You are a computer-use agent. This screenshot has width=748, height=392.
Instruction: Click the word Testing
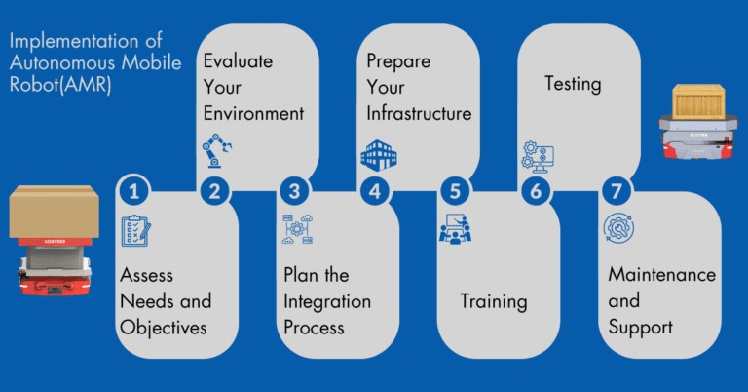pyautogui.click(x=573, y=84)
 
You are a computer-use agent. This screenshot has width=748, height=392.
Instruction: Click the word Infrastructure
pyautogui.click(x=419, y=114)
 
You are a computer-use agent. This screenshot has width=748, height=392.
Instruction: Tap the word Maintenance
pyautogui.click(x=661, y=275)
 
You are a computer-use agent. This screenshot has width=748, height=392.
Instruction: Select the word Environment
pyautogui.click(x=253, y=114)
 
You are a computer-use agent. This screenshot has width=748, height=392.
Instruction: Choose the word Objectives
pyautogui.click(x=163, y=327)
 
